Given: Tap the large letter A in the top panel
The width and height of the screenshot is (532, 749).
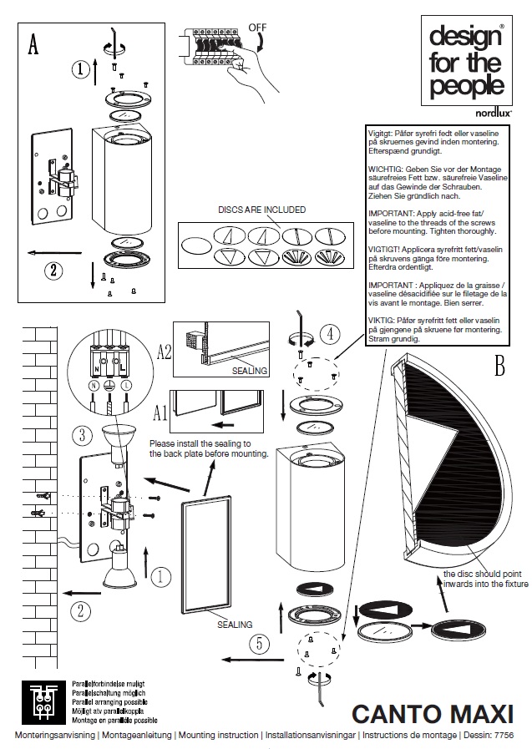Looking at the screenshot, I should tap(33, 43).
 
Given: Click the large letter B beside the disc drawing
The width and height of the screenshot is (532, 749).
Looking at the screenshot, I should tap(499, 366).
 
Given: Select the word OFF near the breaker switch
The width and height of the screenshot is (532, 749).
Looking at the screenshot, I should tap(257, 28).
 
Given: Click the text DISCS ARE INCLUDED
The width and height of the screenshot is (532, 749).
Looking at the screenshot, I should tap(261, 210).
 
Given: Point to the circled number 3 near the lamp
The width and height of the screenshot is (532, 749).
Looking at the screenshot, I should tap(80, 434).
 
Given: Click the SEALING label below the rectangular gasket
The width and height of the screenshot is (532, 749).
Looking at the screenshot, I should tap(235, 624).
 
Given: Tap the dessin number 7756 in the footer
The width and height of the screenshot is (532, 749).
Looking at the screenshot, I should tap(504, 735).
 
